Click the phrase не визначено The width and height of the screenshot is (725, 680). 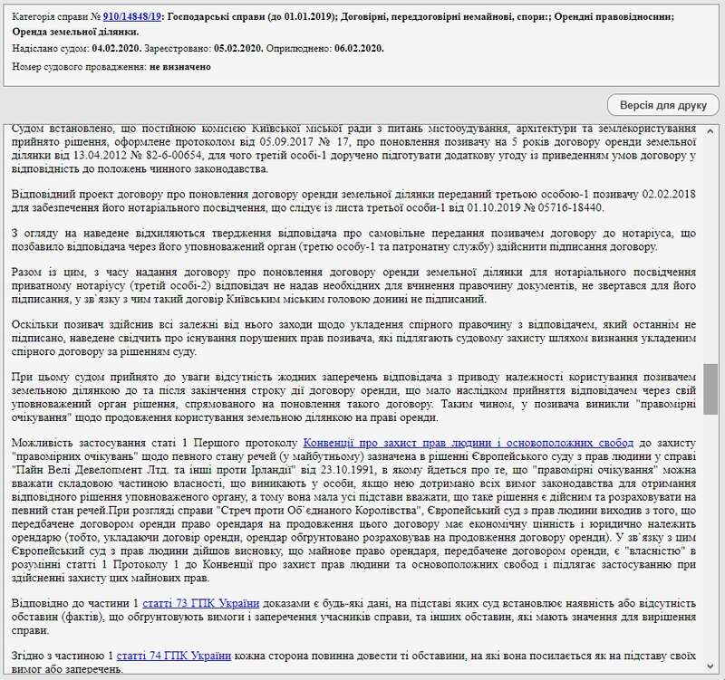point(180,67)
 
